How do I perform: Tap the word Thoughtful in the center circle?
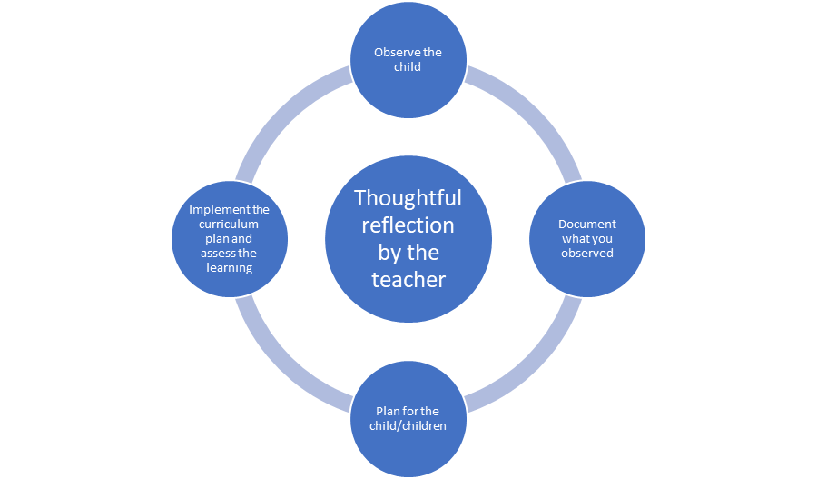click(408, 198)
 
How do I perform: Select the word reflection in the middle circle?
click(408, 225)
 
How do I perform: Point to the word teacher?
click(408, 280)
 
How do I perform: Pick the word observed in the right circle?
click(586, 253)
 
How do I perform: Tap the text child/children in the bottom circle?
click(408, 425)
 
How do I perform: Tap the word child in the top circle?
click(408, 66)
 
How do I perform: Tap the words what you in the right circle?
click(586, 238)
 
